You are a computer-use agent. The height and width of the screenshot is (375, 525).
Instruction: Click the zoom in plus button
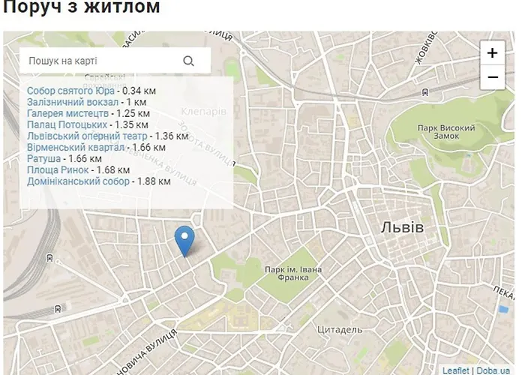click(492, 53)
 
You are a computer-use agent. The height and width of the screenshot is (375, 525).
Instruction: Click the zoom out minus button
click(492, 76)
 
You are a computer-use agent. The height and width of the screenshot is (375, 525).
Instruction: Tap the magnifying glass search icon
click(188, 61)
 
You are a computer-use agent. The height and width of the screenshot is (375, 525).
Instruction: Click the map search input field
click(97, 61)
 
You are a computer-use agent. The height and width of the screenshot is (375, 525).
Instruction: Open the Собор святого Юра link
click(70, 91)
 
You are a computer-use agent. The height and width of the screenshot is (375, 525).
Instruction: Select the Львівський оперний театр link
click(87, 136)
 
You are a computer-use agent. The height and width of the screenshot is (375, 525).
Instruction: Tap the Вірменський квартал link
click(76, 147)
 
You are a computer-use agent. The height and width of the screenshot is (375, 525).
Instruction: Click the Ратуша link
click(43, 158)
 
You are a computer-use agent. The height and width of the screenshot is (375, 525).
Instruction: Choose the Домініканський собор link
click(78, 181)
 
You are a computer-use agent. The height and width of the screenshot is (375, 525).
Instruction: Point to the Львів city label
click(403, 227)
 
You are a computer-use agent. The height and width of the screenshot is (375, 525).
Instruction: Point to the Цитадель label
click(340, 329)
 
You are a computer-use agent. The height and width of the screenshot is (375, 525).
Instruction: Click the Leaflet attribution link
click(455, 370)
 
